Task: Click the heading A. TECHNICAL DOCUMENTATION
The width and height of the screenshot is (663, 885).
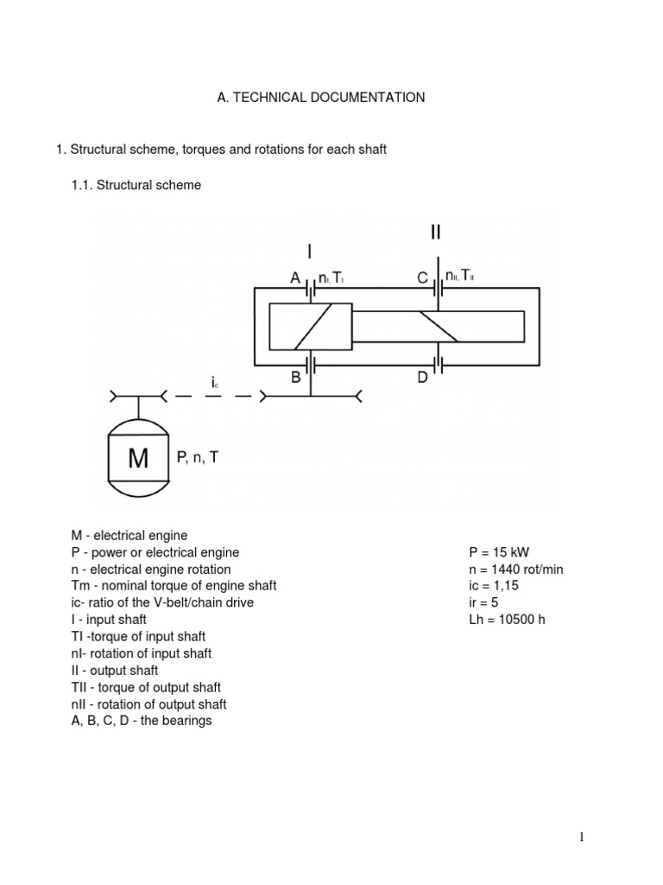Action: [320, 98]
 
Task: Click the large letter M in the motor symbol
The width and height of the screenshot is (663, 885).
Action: [138, 459]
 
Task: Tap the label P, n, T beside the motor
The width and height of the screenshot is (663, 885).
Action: [198, 458]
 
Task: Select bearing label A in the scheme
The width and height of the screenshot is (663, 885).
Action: [296, 278]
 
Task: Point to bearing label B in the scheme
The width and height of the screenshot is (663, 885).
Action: [295, 377]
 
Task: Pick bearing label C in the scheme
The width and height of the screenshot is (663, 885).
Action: [423, 278]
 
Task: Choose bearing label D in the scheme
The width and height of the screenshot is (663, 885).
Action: [423, 377]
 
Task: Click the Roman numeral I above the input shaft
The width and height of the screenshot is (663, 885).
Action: [309, 251]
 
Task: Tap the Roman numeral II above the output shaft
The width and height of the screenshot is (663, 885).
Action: [437, 233]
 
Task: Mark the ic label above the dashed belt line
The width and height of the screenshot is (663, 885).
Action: [212, 381]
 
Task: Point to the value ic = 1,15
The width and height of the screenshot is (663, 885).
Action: [495, 586]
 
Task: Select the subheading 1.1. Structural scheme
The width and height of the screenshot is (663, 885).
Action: [136, 185]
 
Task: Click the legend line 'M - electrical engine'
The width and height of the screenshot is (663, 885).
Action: [129, 536]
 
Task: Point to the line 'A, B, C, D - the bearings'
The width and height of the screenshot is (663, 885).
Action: [142, 720]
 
